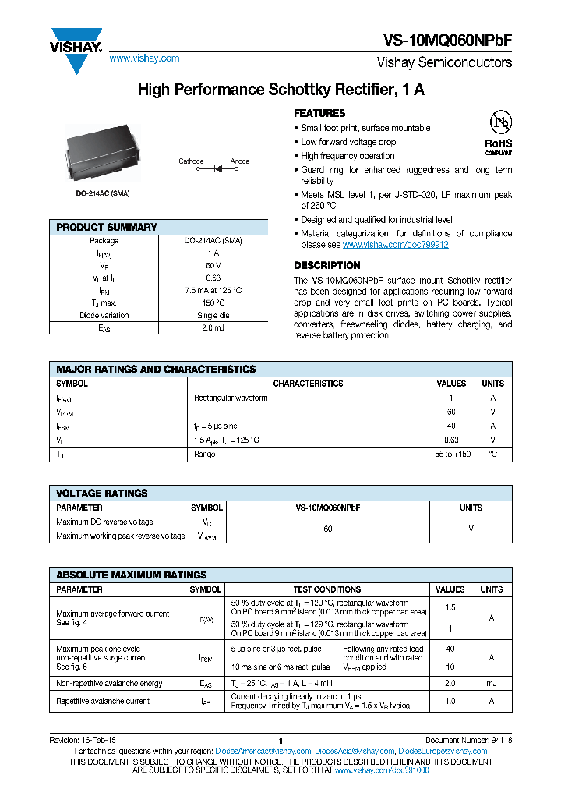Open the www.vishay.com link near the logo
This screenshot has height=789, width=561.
pos(144,58)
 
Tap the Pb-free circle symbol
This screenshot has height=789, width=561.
pos(499,122)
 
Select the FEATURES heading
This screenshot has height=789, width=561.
pos(319,113)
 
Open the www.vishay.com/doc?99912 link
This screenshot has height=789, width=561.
pos(396,245)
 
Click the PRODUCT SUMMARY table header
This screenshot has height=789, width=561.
pos(107,227)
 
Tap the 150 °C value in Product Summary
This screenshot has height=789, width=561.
pos(213,303)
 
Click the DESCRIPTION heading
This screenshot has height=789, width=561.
pos(326,265)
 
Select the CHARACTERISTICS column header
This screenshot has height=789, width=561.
pos(308,384)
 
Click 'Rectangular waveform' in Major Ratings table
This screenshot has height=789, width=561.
pos(231,398)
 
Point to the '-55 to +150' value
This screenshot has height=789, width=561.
pos(451,454)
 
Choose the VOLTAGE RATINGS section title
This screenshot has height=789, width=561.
pos(102,493)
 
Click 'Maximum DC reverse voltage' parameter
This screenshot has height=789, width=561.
pos(105,522)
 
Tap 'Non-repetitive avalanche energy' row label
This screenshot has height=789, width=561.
pos(109,683)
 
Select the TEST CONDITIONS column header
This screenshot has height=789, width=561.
pos(326,589)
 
